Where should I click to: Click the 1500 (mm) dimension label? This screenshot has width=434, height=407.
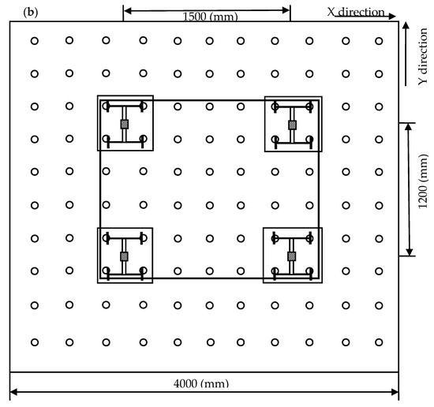click(211, 17)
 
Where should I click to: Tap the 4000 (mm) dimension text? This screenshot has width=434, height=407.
click(201, 383)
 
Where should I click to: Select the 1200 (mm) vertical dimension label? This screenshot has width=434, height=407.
click(423, 181)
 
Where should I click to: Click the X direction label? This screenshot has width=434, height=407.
click(356, 12)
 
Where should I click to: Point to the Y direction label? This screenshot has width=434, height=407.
click(423, 57)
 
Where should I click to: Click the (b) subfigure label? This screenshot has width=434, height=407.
click(31, 13)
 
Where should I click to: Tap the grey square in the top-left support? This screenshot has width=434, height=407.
click(125, 125)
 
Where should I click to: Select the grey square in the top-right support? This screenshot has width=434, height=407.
click(292, 125)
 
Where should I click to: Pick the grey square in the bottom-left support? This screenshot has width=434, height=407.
click(124, 256)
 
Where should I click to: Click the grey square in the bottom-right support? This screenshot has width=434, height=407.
click(291, 256)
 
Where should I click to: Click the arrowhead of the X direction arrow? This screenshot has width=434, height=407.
click(392, 17)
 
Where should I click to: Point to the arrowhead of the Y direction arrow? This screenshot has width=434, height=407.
click(406, 25)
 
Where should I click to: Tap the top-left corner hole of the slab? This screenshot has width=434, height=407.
click(34, 41)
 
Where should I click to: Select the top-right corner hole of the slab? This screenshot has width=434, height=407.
click(379, 41)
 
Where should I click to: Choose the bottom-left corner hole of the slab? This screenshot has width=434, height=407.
click(34, 342)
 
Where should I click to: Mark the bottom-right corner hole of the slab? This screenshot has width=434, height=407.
click(379, 342)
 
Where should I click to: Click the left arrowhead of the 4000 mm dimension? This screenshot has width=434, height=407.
click(14, 392)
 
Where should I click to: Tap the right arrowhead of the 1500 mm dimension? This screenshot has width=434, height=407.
click(286, 10)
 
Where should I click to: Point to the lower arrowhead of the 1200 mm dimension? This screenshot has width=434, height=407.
click(409, 252)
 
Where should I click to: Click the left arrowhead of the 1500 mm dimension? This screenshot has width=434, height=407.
click(128, 11)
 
